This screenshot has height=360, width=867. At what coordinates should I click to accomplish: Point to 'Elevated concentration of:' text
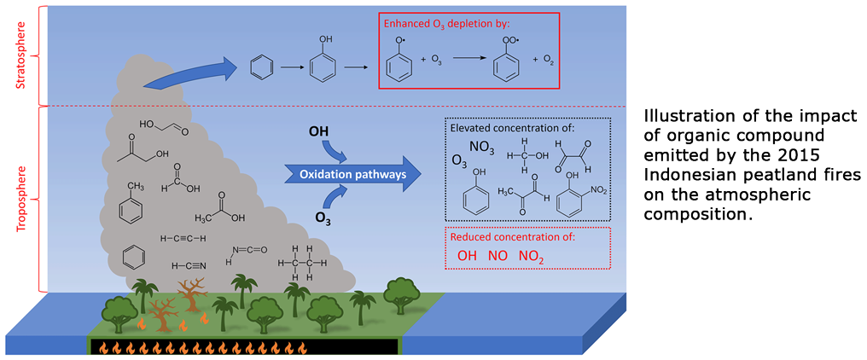coord(515,127)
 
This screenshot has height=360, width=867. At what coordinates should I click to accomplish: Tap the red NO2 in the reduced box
coord(531,256)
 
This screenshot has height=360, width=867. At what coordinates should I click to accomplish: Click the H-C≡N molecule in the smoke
coord(189,265)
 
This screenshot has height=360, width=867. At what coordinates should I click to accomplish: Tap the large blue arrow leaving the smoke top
coord(192,74)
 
